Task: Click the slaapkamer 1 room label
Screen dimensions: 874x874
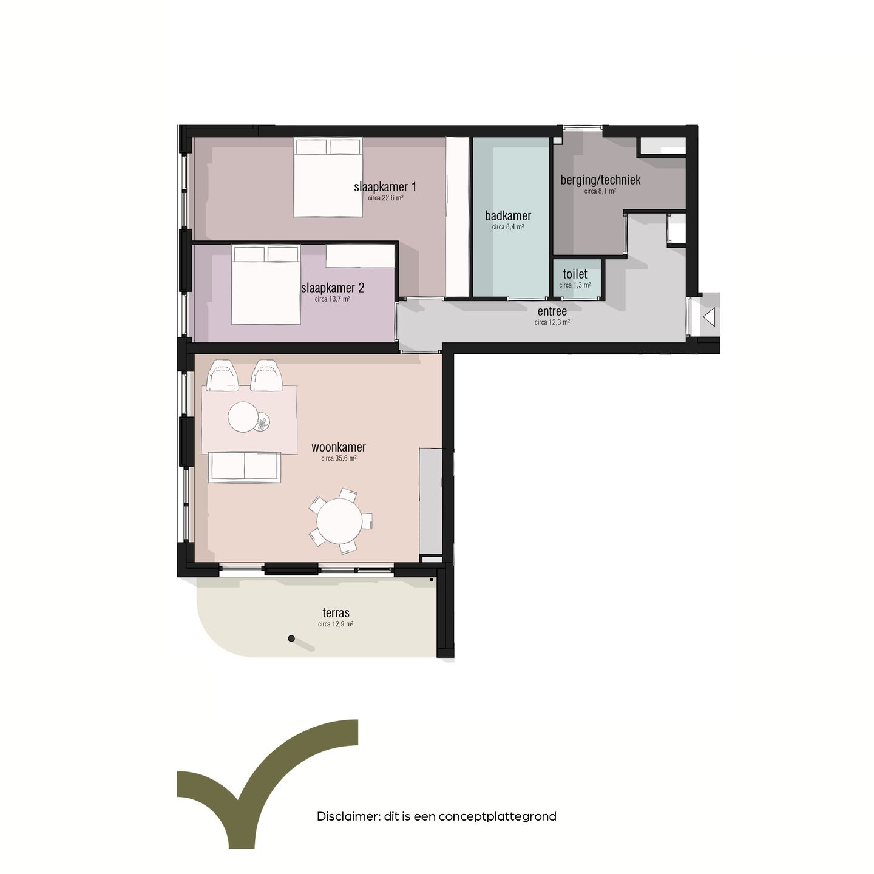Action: pos(385,187)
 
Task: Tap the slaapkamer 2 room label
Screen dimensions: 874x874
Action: pos(333,288)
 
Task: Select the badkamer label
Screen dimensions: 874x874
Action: pos(508,215)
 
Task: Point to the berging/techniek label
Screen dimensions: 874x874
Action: pos(600,180)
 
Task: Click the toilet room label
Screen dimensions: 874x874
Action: pos(575,274)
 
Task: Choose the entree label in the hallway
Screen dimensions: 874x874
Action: pos(552,311)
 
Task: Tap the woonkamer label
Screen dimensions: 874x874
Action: pos(339,447)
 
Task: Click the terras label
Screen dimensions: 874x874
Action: pos(336,613)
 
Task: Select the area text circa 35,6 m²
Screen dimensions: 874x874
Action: pos(339,459)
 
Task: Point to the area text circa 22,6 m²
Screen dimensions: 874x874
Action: pos(385,198)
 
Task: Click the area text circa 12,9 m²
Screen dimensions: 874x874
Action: pos(336,624)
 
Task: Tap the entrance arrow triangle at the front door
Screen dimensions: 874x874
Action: pos(709,317)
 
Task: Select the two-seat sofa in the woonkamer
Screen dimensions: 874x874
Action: pos(245,467)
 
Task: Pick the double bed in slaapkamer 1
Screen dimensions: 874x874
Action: pos(328,177)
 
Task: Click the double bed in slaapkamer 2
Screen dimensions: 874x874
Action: pos(266,285)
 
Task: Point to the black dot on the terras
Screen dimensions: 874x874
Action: pos(291,639)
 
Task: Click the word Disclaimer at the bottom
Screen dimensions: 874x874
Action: pos(348,816)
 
